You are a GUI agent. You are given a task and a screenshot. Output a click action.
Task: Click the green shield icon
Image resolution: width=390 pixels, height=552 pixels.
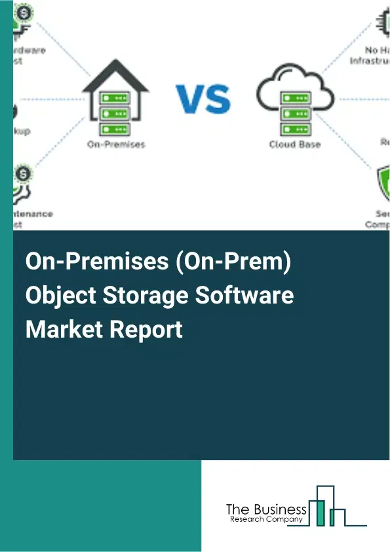coord(382,180)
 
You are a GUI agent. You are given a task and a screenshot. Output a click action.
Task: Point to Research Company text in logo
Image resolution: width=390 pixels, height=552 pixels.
coord(266,520)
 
